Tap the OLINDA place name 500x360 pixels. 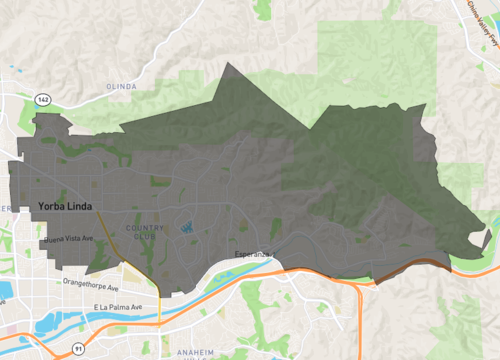point(121,87)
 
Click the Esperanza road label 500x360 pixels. point(252,255)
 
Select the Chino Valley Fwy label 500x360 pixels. point(484,22)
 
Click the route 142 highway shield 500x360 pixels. point(42,100)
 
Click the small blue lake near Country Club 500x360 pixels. point(187,227)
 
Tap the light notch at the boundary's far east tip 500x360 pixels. point(486,240)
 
